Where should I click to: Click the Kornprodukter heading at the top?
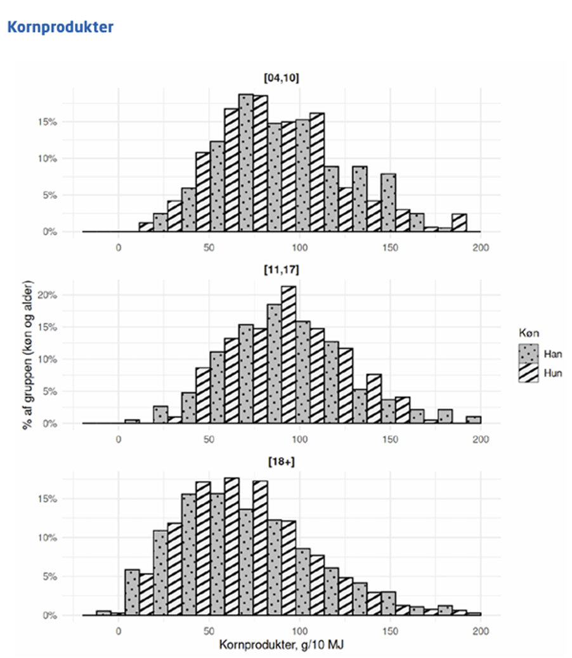(x=60, y=27)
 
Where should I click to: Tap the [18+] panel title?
(x=281, y=461)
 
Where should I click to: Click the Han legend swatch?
(x=528, y=354)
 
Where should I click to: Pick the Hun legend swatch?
(x=528, y=373)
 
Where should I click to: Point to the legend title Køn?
(x=529, y=333)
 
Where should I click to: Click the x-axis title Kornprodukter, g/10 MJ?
(x=281, y=645)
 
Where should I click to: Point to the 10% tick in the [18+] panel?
(x=48, y=538)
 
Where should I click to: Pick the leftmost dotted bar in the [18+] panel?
(x=103, y=613)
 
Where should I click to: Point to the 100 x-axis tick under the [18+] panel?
(x=300, y=631)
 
